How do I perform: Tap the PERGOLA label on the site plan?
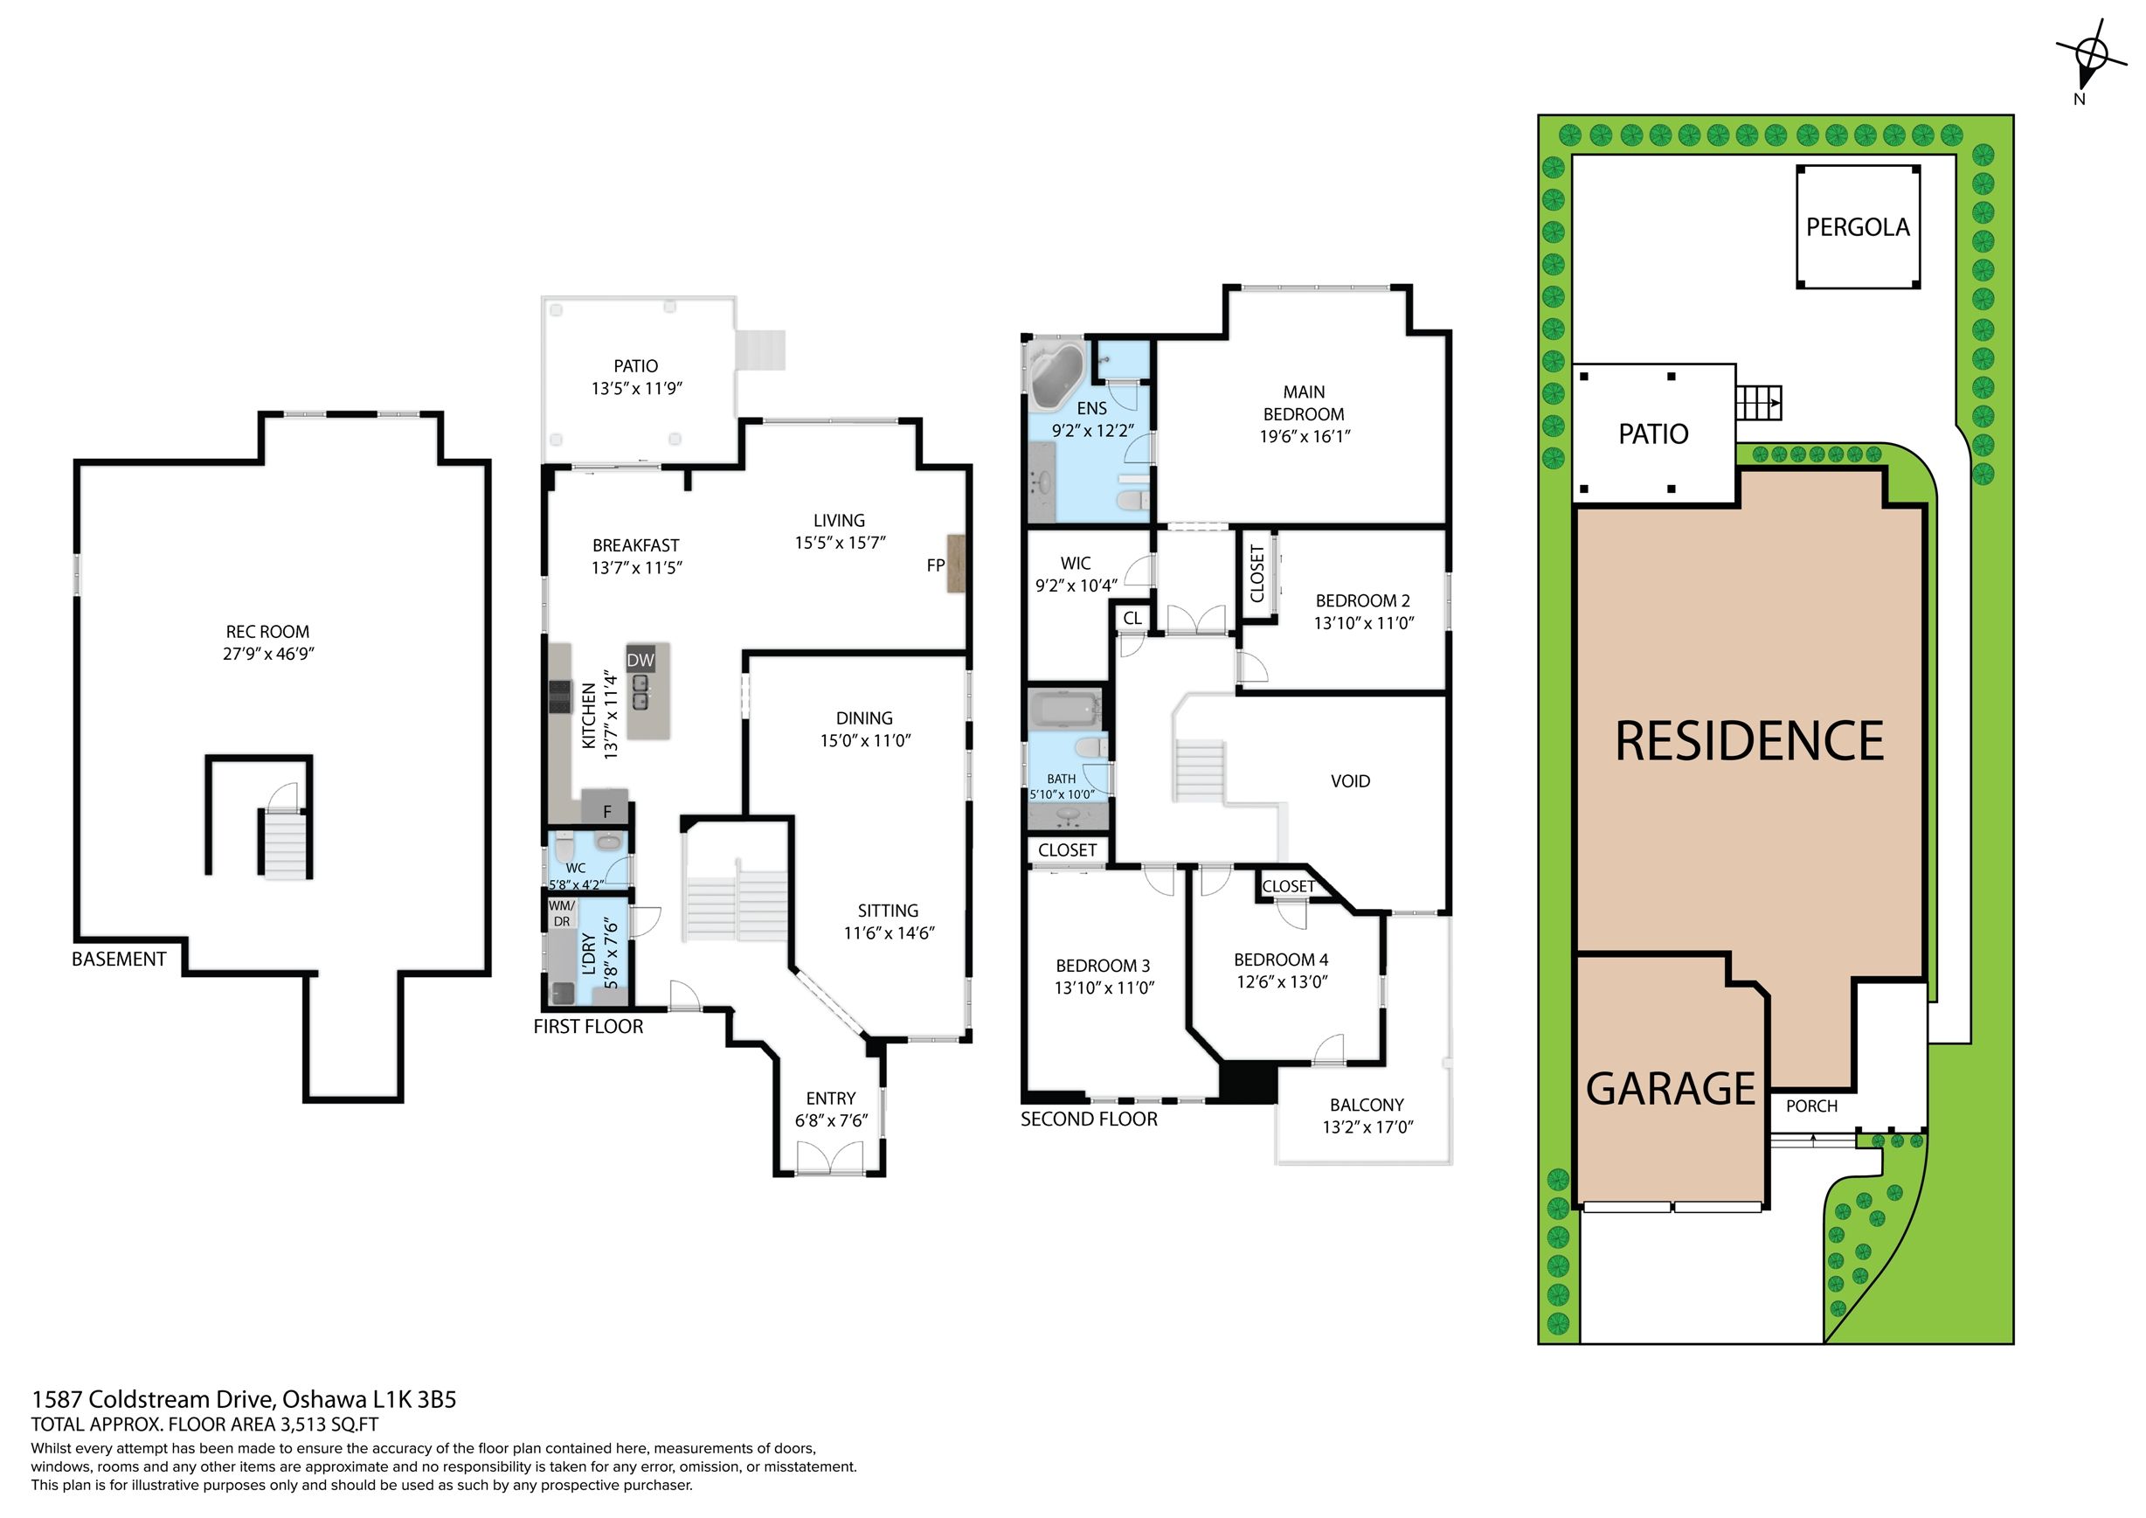[1857, 227]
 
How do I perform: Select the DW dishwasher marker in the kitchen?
[640, 660]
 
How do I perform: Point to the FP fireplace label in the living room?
[936, 565]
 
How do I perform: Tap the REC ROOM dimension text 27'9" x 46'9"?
[268, 654]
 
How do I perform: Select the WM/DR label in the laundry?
[562, 913]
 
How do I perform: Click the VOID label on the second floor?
[1350, 780]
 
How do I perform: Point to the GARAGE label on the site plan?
[1671, 1089]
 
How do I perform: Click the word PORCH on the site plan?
[1811, 1106]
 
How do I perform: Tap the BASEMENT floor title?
[119, 959]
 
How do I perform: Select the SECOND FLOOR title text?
[1089, 1119]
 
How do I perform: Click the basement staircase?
[283, 843]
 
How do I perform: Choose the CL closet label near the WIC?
[1132, 618]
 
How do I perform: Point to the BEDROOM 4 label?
[1280, 960]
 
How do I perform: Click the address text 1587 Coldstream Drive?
[152, 1399]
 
